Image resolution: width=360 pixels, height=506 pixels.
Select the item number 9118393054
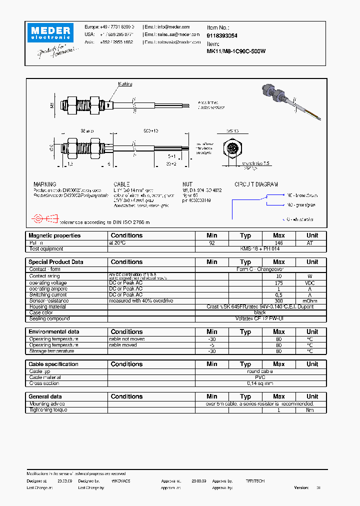(222, 36)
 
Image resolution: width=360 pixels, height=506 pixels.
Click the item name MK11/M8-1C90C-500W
(236, 51)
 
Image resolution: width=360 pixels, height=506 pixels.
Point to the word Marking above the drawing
(125, 84)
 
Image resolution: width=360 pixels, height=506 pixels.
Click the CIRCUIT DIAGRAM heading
(256, 184)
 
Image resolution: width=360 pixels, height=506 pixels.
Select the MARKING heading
(45, 184)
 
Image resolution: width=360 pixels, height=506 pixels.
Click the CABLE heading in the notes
(122, 184)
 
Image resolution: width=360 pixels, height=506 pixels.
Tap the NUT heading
(187, 184)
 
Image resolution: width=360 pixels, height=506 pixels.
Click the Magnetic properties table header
(54, 235)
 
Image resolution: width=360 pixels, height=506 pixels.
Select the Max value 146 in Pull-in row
(279, 242)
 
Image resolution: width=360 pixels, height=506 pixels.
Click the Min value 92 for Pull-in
(212, 242)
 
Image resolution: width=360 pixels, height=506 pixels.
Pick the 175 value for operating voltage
(279, 283)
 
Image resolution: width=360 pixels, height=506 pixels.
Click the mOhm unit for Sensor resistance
(312, 301)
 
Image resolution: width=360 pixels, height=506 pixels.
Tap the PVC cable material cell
(260, 377)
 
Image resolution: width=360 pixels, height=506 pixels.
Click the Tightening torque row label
(48, 410)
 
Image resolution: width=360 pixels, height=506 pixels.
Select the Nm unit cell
(312, 410)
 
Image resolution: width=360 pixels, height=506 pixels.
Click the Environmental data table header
(54, 332)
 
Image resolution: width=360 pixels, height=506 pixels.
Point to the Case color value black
(260, 312)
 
